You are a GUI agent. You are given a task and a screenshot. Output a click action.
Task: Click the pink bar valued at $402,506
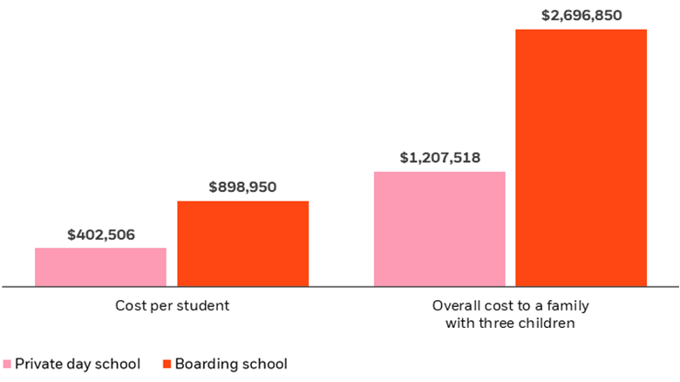[x=100, y=267]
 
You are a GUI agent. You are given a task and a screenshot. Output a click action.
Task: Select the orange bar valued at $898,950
[x=243, y=243]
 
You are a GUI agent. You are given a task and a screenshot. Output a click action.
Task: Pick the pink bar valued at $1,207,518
[x=439, y=229]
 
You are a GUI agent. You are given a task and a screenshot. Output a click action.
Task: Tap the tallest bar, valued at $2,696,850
[x=581, y=157]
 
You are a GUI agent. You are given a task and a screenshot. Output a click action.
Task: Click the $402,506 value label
[x=101, y=235]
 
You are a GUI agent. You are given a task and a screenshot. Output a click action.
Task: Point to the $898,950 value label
[x=243, y=187]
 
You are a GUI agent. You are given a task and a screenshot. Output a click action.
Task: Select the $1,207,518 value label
[x=439, y=158]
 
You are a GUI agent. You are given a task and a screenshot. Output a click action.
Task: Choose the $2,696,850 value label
[x=581, y=15]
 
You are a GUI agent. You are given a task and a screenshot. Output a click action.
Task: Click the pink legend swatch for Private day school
[x=8, y=364]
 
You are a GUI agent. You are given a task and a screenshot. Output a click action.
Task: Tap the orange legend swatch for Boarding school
[x=167, y=364]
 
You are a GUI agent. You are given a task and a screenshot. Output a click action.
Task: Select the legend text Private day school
[x=78, y=364]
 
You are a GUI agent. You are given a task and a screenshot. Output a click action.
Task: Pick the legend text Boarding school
[x=231, y=364]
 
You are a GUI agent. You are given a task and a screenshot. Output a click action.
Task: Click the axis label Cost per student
[x=172, y=306]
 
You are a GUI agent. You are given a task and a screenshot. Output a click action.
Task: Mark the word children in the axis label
[x=548, y=324]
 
